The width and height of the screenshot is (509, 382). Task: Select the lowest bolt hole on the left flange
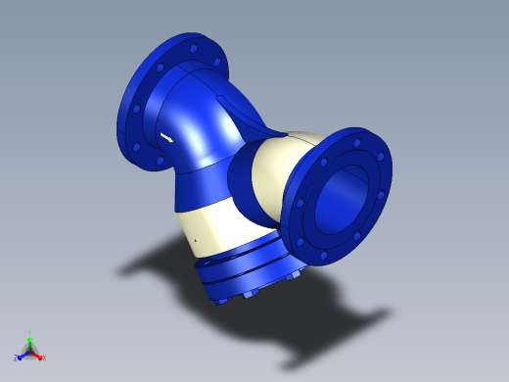point(154,159)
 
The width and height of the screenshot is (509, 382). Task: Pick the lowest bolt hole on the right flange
point(323,257)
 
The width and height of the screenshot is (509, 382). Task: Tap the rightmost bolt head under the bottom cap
point(291,279)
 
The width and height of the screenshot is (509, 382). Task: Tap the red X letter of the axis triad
point(44,358)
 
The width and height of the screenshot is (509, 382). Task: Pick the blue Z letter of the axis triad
point(17,358)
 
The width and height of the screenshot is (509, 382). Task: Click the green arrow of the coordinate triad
point(30,342)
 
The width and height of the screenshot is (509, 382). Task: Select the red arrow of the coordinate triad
point(37,354)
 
